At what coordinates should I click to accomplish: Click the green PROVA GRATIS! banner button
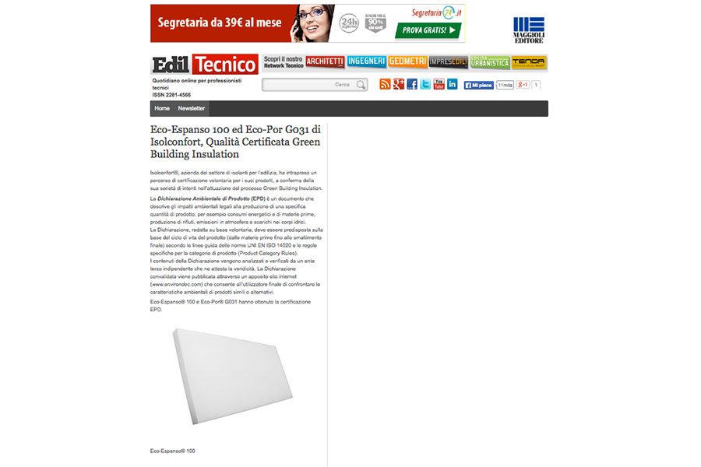(428, 30)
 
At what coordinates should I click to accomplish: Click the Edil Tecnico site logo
(204, 64)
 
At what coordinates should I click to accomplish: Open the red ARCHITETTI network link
(325, 61)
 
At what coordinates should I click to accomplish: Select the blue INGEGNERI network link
(366, 61)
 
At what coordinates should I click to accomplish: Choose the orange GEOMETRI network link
(407, 61)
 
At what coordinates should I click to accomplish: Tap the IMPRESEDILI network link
(448, 61)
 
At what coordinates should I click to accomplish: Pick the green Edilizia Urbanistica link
(489, 61)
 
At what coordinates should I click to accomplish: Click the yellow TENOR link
(528, 61)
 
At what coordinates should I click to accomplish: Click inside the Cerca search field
(308, 85)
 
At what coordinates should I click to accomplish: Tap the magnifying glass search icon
(361, 85)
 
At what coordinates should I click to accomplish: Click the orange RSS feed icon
(385, 84)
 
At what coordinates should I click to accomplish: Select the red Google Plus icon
(398, 84)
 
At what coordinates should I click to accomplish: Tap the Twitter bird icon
(425, 84)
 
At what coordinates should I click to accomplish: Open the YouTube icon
(439, 84)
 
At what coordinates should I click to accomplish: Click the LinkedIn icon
(453, 84)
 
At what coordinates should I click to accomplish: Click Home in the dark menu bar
(162, 108)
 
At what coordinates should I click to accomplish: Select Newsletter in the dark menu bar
(192, 108)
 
